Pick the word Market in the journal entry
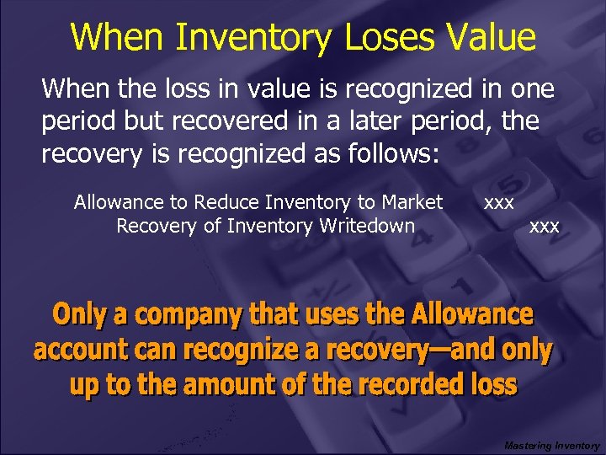coord(412,202)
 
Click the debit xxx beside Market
coord(499,202)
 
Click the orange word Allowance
coord(472,315)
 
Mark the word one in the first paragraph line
coord(532,88)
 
